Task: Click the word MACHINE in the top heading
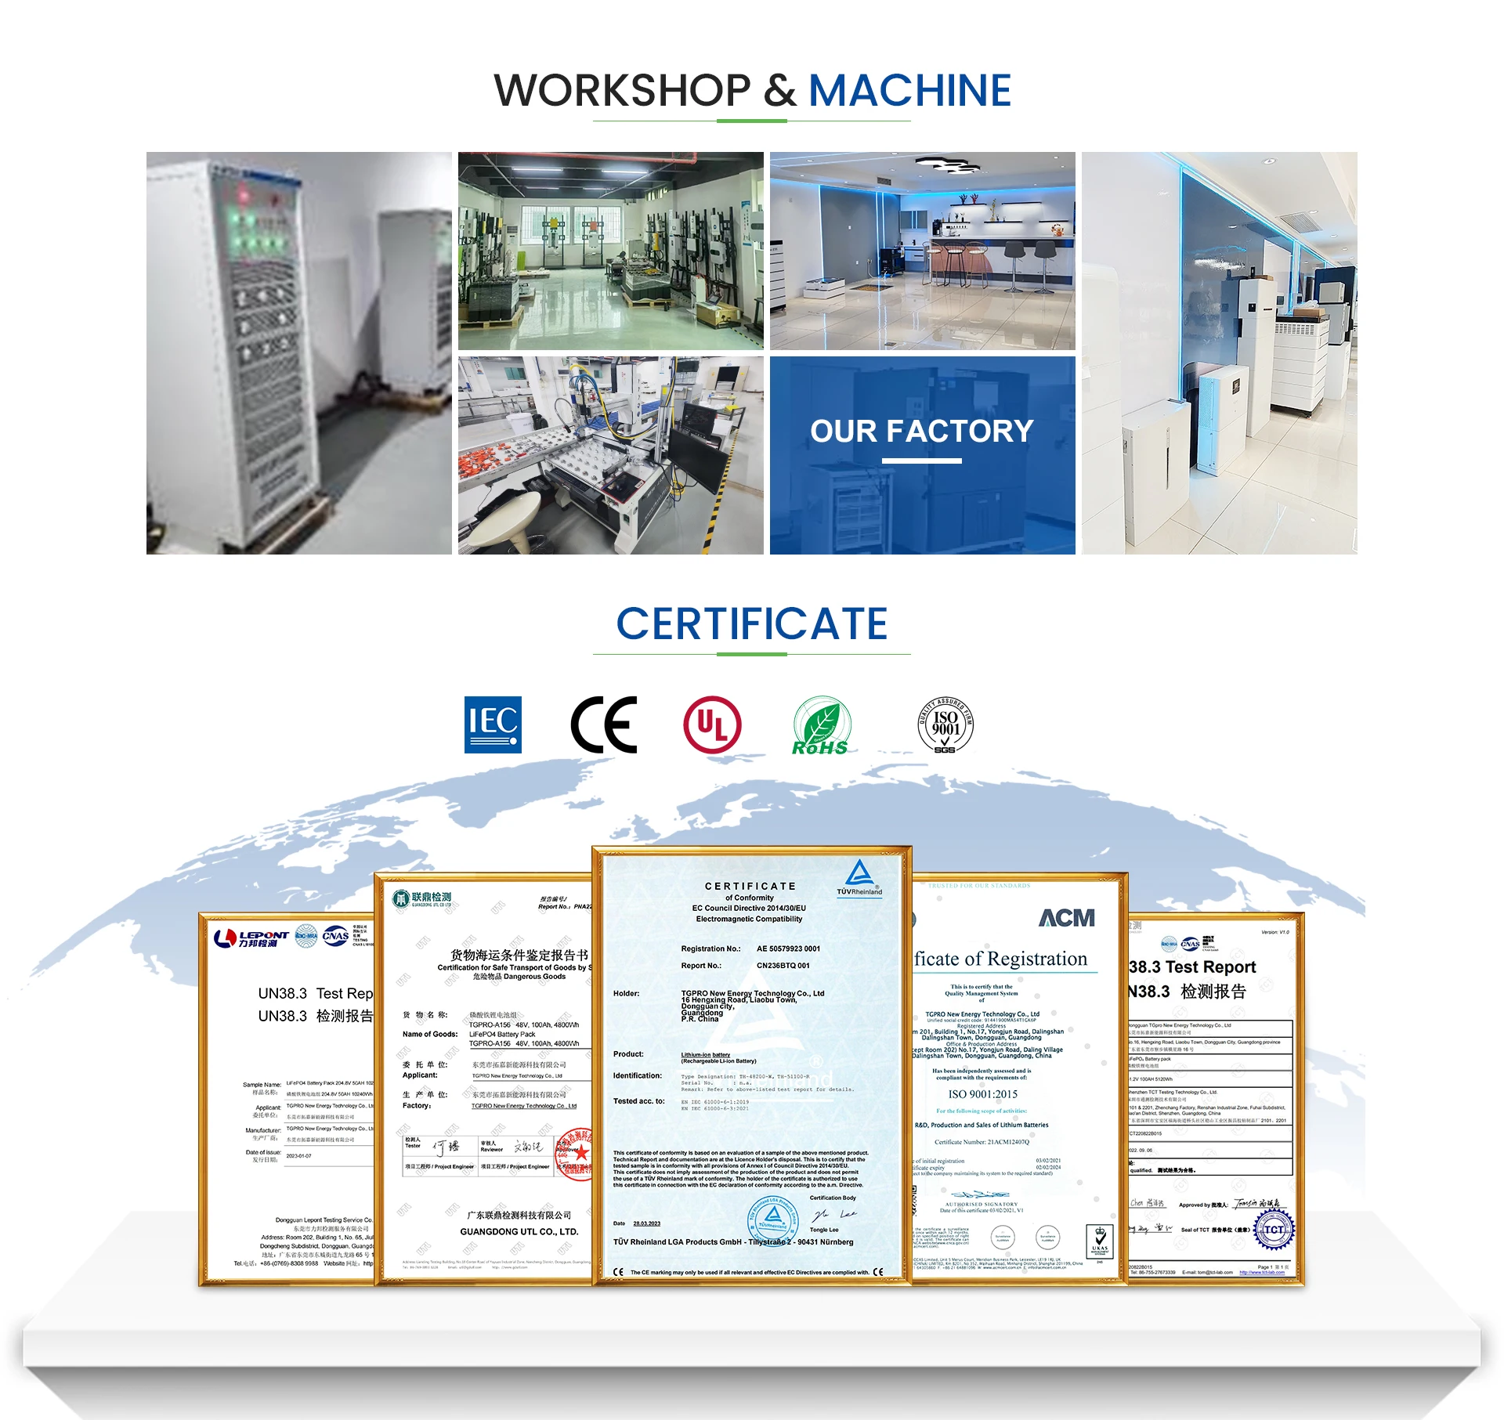tap(909, 91)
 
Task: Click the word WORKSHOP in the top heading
tap(622, 91)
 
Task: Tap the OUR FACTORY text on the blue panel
tap(921, 432)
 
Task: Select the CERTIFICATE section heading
tap(751, 624)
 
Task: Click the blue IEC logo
tap(493, 724)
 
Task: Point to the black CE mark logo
tap(603, 724)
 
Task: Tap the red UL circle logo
tap(712, 724)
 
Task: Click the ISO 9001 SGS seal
tap(945, 725)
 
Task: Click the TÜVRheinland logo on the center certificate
tap(859, 878)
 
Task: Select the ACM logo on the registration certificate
tap(1066, 918)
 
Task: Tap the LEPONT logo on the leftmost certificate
tap(252, 938)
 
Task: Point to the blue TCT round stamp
tap(1274, 1230)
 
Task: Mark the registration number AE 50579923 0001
tap(788, 948)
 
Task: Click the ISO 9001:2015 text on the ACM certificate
tap(982, 1094)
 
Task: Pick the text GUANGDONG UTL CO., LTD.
tap(519, 1231)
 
